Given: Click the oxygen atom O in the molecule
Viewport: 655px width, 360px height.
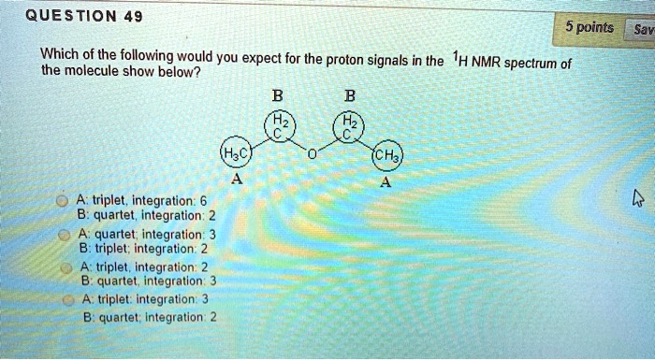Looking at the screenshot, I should tap(313, 143).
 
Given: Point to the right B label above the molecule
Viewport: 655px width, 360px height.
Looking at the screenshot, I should tap(350, 94).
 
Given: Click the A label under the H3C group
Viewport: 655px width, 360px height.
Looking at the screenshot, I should tap(237, 183).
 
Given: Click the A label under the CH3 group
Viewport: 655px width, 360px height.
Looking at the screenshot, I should tap(385, 183).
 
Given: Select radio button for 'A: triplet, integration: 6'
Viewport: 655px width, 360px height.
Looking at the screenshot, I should tap(61, 200).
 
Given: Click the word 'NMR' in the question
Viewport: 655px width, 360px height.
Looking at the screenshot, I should tap(487, 64).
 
